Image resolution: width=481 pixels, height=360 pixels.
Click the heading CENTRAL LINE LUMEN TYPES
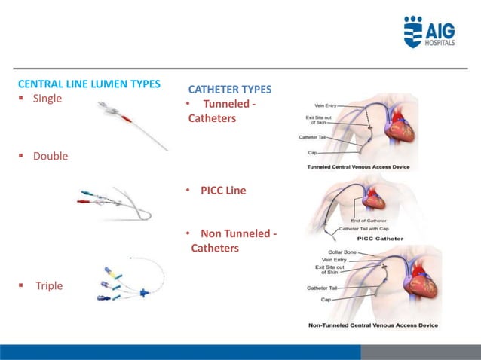(x=89, y=84)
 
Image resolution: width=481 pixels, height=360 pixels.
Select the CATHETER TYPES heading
(x=229, y=90)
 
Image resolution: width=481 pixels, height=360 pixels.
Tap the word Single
(x=47, y=99)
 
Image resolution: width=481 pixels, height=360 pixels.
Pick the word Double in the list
(x=50, y=156)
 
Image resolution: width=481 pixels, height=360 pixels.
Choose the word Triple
(x=49, y=286)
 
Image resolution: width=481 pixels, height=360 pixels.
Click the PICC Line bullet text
(x=222, y=191)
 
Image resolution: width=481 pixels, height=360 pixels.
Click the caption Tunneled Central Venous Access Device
(x=359, y=166)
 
